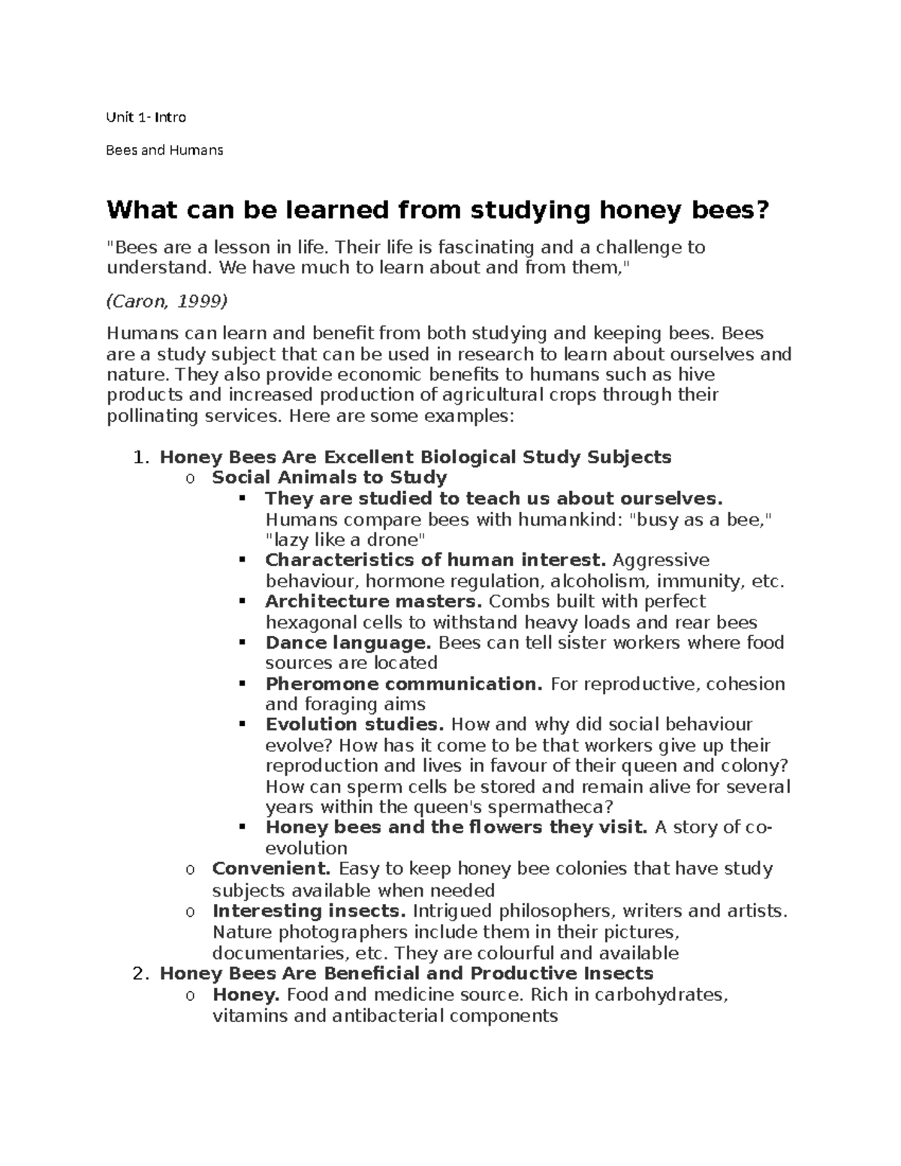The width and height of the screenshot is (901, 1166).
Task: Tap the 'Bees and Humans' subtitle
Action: [164, 150]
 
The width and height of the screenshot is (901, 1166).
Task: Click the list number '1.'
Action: [142, 457]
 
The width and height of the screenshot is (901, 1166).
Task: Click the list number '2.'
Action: [142, 974]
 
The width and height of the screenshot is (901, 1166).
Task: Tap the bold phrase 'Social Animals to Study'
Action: [329, 478]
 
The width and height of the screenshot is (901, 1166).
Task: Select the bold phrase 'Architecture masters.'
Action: [374, 601]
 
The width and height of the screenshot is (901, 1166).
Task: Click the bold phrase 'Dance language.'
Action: [348, 643]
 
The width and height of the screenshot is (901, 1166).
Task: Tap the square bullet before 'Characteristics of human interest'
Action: [242, 560]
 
